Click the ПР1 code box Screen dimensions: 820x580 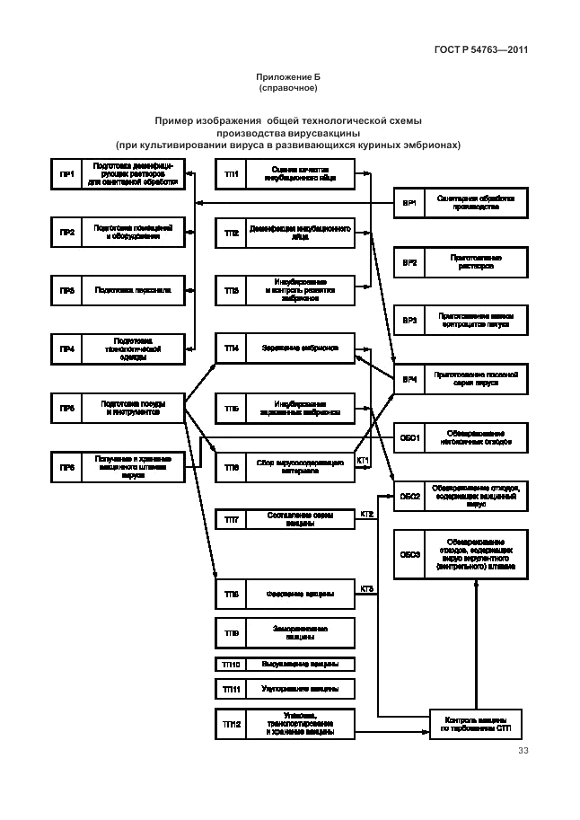[66, 173]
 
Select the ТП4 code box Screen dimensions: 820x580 [231, 348]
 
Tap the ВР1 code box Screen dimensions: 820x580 [409, 204]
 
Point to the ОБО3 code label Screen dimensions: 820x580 [409, 554]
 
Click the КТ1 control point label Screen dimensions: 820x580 [364, 461]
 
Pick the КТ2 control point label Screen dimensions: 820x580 [366, 514]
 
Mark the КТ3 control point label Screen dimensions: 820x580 [366, 589]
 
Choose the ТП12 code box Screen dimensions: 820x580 [231, 723]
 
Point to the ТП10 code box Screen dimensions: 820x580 [231, 665]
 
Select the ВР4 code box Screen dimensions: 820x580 [409, 379]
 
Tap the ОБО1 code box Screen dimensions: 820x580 [409, 437]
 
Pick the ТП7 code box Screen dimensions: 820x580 [231, 520]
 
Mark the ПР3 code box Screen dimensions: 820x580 [66, 290]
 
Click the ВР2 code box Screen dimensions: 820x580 [409, 262]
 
